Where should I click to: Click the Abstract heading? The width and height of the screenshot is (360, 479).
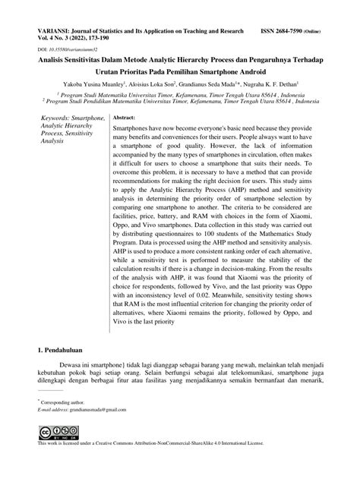(125, 119)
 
